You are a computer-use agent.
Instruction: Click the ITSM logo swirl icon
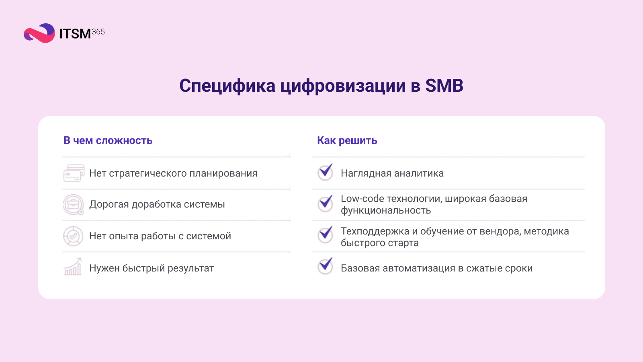(39, 33)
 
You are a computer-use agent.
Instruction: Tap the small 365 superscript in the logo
(98, 32)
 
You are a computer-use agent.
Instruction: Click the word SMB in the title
(444, 86)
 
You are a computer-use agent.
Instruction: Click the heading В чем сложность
(108, 140)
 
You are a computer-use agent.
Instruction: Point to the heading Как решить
(347, 140)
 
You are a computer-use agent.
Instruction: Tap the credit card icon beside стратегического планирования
(74, 173)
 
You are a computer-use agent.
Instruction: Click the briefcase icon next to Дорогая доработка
(73, 204)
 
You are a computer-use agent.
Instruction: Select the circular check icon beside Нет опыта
(73, 236)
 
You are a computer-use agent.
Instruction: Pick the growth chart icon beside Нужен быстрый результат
(73, 267)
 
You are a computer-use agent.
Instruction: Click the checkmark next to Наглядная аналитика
(325, 172)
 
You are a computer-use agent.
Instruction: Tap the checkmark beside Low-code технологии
(325, 204)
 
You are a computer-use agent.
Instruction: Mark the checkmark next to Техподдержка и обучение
(325, 234)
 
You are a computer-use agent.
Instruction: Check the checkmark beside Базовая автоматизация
(325, 266)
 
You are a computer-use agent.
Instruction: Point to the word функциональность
(385, 210)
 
